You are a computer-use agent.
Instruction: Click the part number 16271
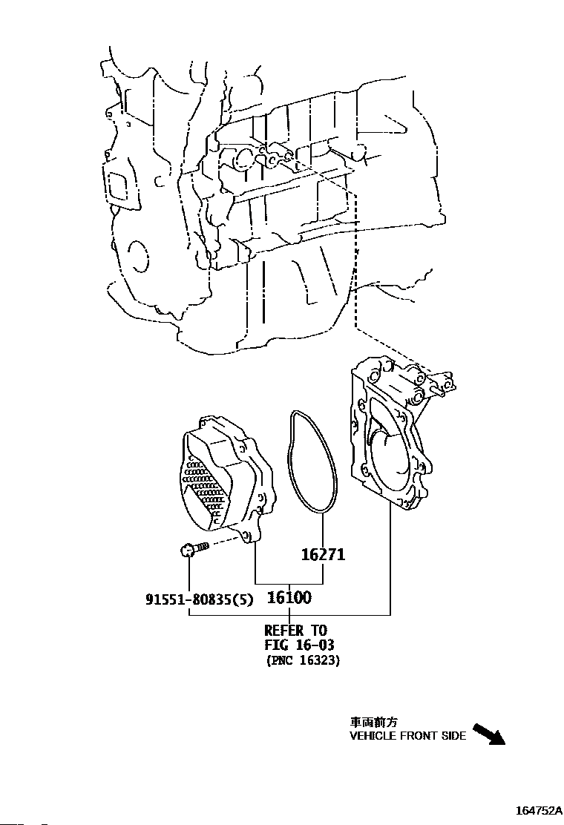[x=324, y=554]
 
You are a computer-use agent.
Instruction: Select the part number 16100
[x=289, y=596]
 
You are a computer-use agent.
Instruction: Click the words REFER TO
[x=295, y=631]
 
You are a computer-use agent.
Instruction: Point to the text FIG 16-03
[x=299, y=645]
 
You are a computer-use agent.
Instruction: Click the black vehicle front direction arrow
[x=489, y=734]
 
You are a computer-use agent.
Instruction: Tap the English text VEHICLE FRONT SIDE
[x=408, y=736]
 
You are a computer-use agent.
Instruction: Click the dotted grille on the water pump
[x=204, y=486]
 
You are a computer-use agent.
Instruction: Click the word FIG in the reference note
[x=276, y=645]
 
